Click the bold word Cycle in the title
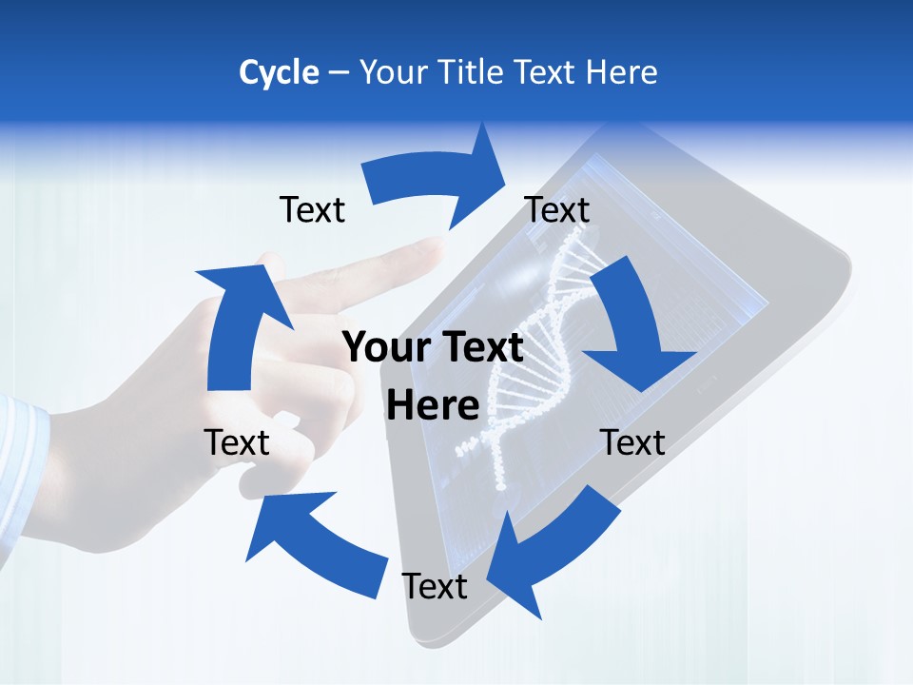(x=279, y=72)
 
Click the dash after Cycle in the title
(x=339, y=73)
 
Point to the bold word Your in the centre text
(x=382, y=347)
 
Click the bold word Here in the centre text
(x=433, y=405)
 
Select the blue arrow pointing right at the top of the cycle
(x=437, y=180)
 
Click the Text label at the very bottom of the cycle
(x=435, y=586)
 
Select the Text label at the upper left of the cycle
(x=313, y=209)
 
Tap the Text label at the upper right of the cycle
(x=557, y=209)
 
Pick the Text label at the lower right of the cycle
(x=633, y=442)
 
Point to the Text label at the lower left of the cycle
(x=237, y=442)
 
